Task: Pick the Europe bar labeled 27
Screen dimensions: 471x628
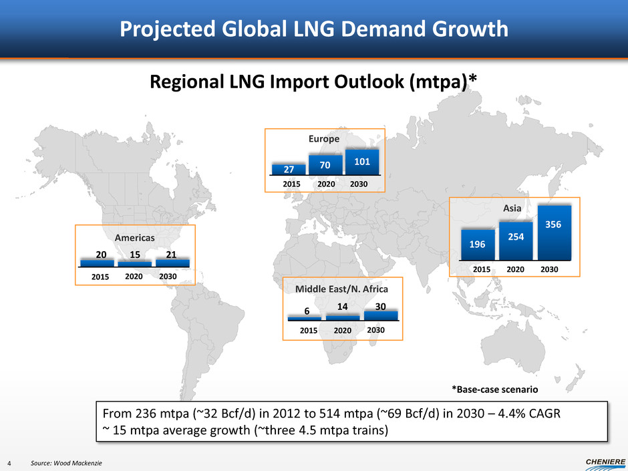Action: point(288,170)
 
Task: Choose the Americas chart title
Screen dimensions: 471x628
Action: point(135,237)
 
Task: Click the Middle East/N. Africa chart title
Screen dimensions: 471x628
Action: point(343,289)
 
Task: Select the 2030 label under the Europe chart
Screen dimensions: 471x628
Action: point(362,183)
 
